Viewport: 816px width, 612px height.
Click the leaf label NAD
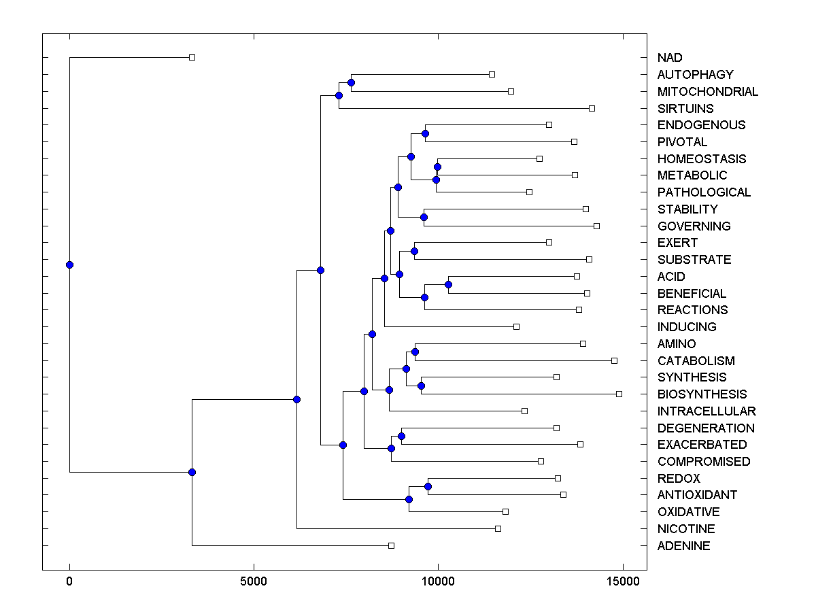tap(670, 58)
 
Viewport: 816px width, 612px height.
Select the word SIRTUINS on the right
tap(685, 108)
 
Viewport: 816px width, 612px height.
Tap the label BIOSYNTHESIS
tap(702, 394)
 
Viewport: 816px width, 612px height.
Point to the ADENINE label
tap(683, 546)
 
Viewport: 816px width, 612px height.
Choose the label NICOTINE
tap(686, 529)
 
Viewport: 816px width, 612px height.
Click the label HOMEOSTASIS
tap(702, 159)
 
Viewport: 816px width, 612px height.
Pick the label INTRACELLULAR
tap(707, 411)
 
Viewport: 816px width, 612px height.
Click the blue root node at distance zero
tap(69, 265)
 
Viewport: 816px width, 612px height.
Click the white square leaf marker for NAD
tap(192, 58)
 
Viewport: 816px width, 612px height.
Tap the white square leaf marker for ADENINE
tap(391, 545)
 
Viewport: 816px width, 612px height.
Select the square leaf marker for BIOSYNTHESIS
tap(619, 394)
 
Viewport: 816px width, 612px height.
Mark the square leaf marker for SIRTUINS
tap(592, 108)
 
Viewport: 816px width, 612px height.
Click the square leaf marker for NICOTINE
tap(498, 528)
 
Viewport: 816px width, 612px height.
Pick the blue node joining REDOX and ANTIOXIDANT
tap(428, 486)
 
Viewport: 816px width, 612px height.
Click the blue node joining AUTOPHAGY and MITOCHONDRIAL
tap(351, 83)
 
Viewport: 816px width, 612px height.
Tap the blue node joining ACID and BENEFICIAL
tap(448, 284)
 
